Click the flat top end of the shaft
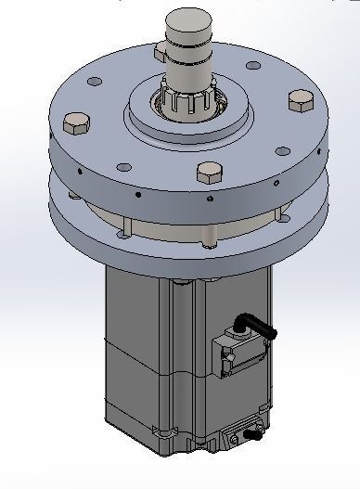coord(190,17)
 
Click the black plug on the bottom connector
coord(250,433)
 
